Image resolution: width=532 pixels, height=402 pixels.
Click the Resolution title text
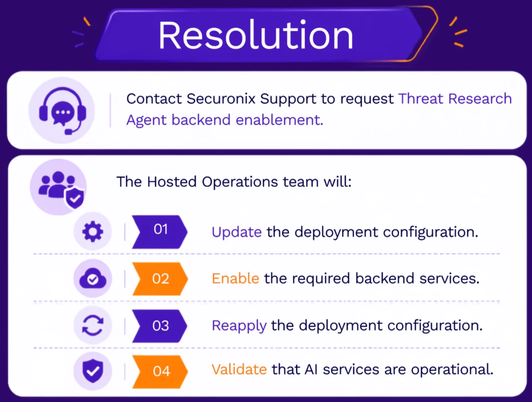pyautogui.click(x=256, y=35)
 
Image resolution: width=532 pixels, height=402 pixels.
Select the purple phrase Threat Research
pyautogui.click(x=455, y=99)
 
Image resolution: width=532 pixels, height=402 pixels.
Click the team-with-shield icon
pyautogui.click(x=60, y=189)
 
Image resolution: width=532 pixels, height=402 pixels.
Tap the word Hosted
pyautogui.click(x=172, y=182)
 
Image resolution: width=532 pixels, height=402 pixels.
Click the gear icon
pyautogui.click(x=93, y=232)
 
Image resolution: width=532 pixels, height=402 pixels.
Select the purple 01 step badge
pyautogui.click(x=159, y=232)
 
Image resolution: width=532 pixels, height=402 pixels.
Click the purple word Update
pyautogui.click(x=237, y=232)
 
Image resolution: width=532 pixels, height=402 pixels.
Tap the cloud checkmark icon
pyautogui.click(x=93, y=279)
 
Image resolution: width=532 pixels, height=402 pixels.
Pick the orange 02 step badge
pyautogui.click(x=160, y=279)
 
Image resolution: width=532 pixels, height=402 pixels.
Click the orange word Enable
pyautogui.click(x=236, y=279)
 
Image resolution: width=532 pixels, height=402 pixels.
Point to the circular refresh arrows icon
pyautogui.click(x=93, y=325)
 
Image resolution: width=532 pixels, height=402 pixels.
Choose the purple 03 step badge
pyautogui.click(x=159, y=326)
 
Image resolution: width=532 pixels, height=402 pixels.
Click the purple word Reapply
pyautogui.click(x=239, y=326)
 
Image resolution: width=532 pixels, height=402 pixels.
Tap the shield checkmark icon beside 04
pyautogui.click(x=93, y=371)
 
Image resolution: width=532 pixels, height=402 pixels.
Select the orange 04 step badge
pyautogui.click(x=160, y=372)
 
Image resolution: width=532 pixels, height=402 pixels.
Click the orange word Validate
pyautogui.click(x=239, y=369)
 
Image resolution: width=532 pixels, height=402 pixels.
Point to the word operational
pyautogui.click(x=452, y=370)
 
